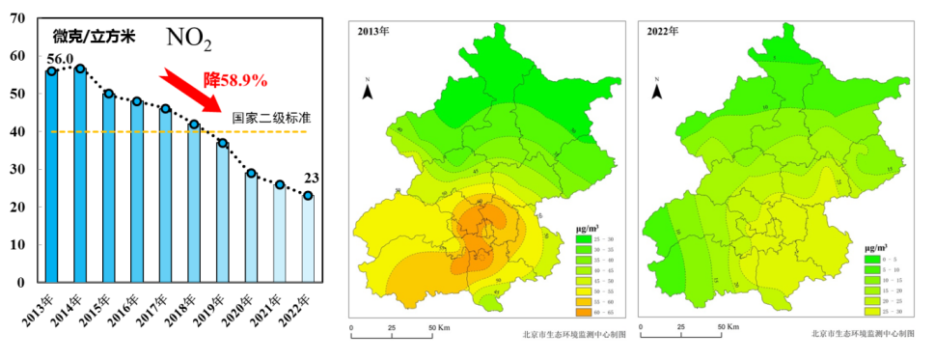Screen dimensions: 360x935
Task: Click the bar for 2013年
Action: click(x=51, y=179)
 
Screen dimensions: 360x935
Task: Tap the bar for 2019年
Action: click(x=222, y=212)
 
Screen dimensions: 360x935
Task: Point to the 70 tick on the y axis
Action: click(x=16, y=18)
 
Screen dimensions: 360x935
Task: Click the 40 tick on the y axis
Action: click(x=16, y=131)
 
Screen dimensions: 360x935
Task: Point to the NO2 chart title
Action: click(x=189, y=39)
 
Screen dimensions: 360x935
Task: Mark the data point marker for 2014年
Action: click(x=80, y=69)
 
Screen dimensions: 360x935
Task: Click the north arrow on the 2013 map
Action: click(x=368, y=90)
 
